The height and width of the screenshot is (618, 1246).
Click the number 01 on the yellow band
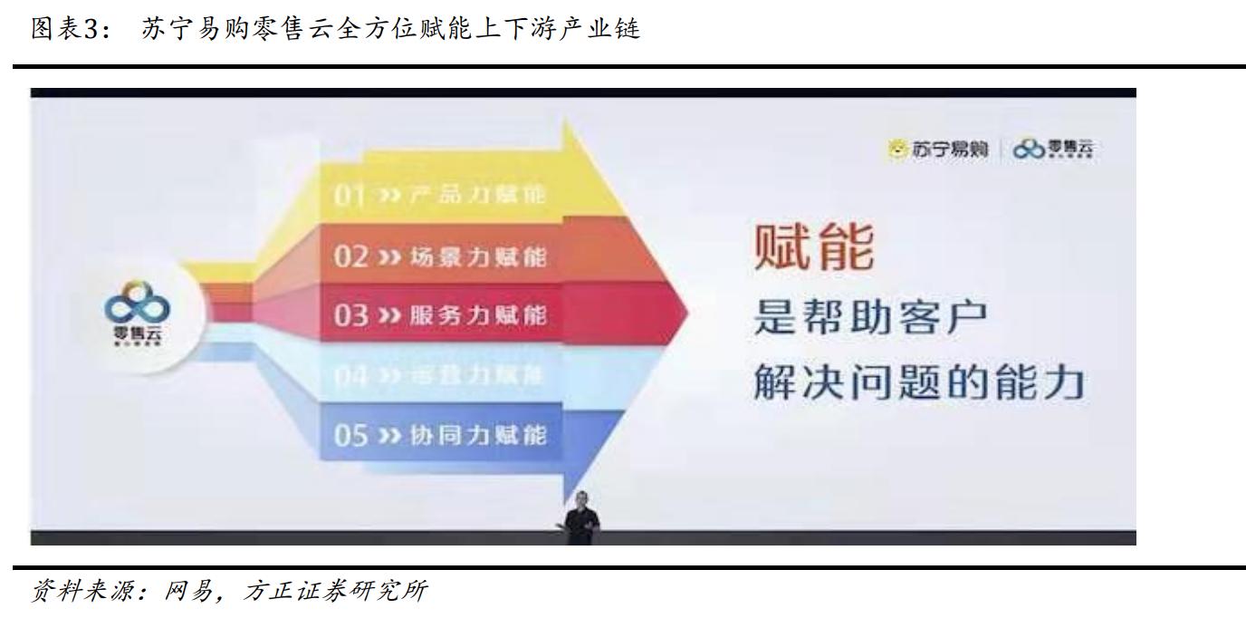348,196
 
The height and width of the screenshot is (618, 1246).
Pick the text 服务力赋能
480,315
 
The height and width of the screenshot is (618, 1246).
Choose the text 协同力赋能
480,436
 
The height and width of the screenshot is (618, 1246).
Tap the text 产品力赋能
480,196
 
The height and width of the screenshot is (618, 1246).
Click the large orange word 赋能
814,249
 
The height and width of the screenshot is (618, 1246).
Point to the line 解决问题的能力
918,386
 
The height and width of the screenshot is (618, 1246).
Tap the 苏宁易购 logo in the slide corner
942,149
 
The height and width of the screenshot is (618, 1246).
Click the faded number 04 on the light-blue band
349,376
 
